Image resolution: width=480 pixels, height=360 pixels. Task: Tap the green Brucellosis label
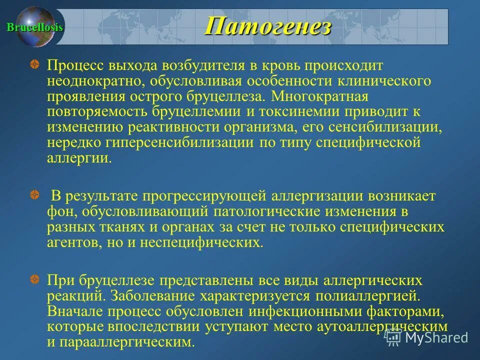pos(34,27)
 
